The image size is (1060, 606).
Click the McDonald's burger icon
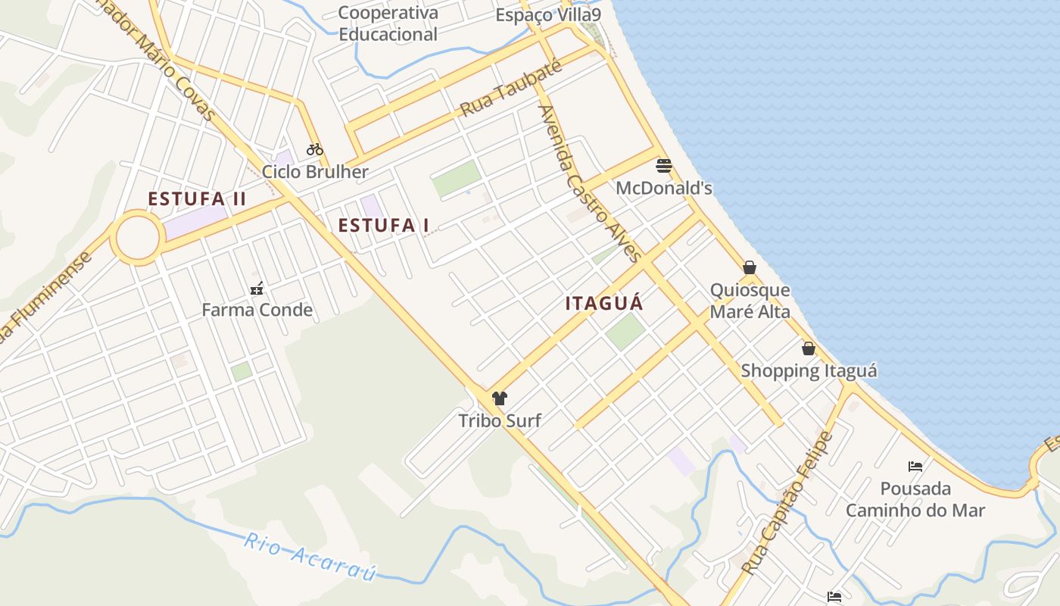click(x=664, y=166)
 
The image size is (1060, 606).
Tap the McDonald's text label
click(x=664, y=188)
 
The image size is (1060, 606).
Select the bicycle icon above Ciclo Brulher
click(x=315, y=149)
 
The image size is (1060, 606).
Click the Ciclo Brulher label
click(x=315, y=172)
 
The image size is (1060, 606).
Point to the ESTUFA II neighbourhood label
click(x=197, y=199)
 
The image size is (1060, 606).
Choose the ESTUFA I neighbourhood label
click(x=383, y=225)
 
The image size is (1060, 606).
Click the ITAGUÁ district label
click(x=604, y=303)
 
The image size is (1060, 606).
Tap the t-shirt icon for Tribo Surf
click(x=499, y=398)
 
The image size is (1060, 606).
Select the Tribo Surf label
click(x=500, y=420)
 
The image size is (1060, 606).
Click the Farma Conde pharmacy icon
click(x=257, y=288)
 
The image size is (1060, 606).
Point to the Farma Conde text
click(x=257, y=310)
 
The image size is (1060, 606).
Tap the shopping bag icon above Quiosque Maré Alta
click(x=750, y=267)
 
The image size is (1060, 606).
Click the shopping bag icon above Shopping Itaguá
click(x=809, y=348)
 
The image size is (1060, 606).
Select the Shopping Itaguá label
click(x=809, y=371)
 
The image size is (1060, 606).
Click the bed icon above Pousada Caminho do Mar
click(x=915, y=466)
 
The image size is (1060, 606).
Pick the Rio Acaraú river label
click(x=310, y=558)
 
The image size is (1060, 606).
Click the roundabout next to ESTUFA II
click(x=137, y=238)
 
